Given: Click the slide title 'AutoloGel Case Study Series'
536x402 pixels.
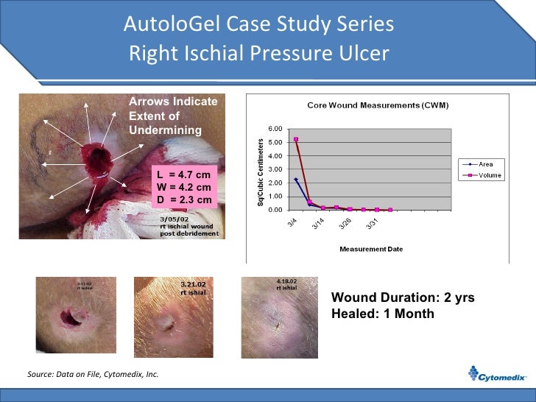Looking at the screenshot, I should coord(258,25).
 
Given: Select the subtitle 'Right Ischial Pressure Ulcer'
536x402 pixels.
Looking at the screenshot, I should coord(258,54).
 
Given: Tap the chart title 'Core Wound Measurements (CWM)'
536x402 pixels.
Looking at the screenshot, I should coord(378,105).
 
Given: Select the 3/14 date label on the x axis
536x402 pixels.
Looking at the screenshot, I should coord(317,225).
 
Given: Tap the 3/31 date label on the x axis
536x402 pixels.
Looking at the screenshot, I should coord(373,225).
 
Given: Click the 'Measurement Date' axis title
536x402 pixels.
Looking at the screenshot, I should coord(371,249).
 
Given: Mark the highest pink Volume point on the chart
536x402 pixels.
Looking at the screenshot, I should coord(296,139).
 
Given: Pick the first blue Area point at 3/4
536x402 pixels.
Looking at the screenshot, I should coord(296,179).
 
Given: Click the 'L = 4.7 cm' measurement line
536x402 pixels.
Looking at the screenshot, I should coord(184,174).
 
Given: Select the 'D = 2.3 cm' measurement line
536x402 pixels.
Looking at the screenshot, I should coord(184,200).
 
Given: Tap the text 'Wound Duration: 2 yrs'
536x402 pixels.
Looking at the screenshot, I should coord(403,298).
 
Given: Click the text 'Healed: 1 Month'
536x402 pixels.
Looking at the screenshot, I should coord(383,314).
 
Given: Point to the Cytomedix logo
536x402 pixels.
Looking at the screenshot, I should coord(498,376).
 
